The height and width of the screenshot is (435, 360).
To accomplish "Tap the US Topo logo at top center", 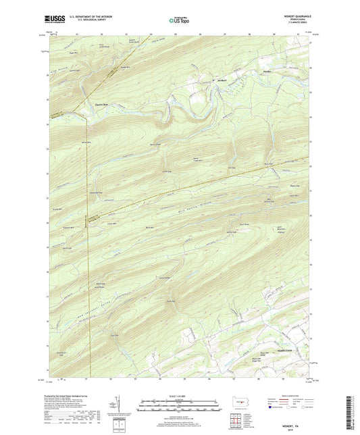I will pyautogui.click(x=179, y=20).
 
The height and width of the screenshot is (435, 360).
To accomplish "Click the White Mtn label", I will pyautogui.click(x=86, y=143).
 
